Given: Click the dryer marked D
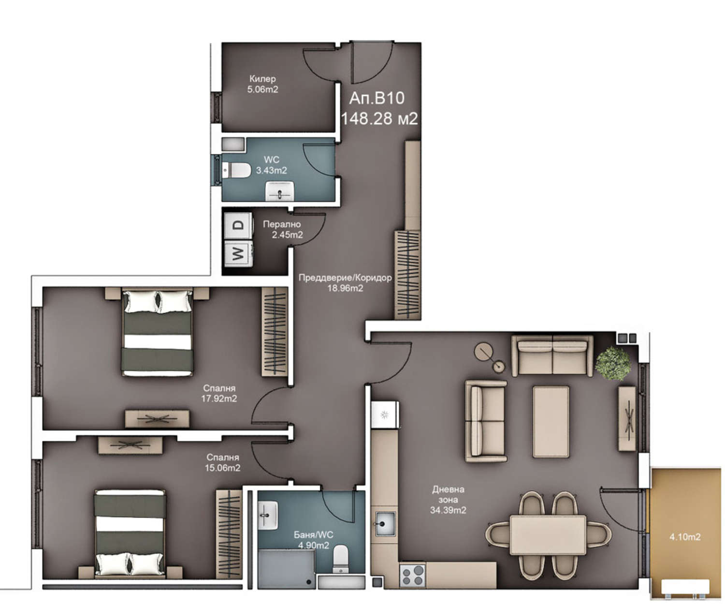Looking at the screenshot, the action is [238, 225].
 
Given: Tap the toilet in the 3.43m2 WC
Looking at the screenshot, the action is [236, 170].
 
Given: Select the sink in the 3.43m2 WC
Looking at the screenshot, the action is [280, 191].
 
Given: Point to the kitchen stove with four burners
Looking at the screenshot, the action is [412, 575].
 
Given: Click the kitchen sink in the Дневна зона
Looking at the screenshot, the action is [385, 523].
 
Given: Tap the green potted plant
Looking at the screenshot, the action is [613, 363].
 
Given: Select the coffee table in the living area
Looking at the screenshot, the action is [551, 422].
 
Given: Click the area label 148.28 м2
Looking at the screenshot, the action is [379, 118].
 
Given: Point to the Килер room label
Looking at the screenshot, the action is [262, 79].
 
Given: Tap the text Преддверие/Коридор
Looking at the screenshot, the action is [345, 278].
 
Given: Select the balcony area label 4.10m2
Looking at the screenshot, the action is [685, 537].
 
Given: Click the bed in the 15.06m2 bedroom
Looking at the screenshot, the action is [130, 533].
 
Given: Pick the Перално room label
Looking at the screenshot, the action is [282, 224].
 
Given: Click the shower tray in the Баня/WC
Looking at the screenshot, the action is [286, 569].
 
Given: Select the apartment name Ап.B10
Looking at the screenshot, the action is [377, 98].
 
